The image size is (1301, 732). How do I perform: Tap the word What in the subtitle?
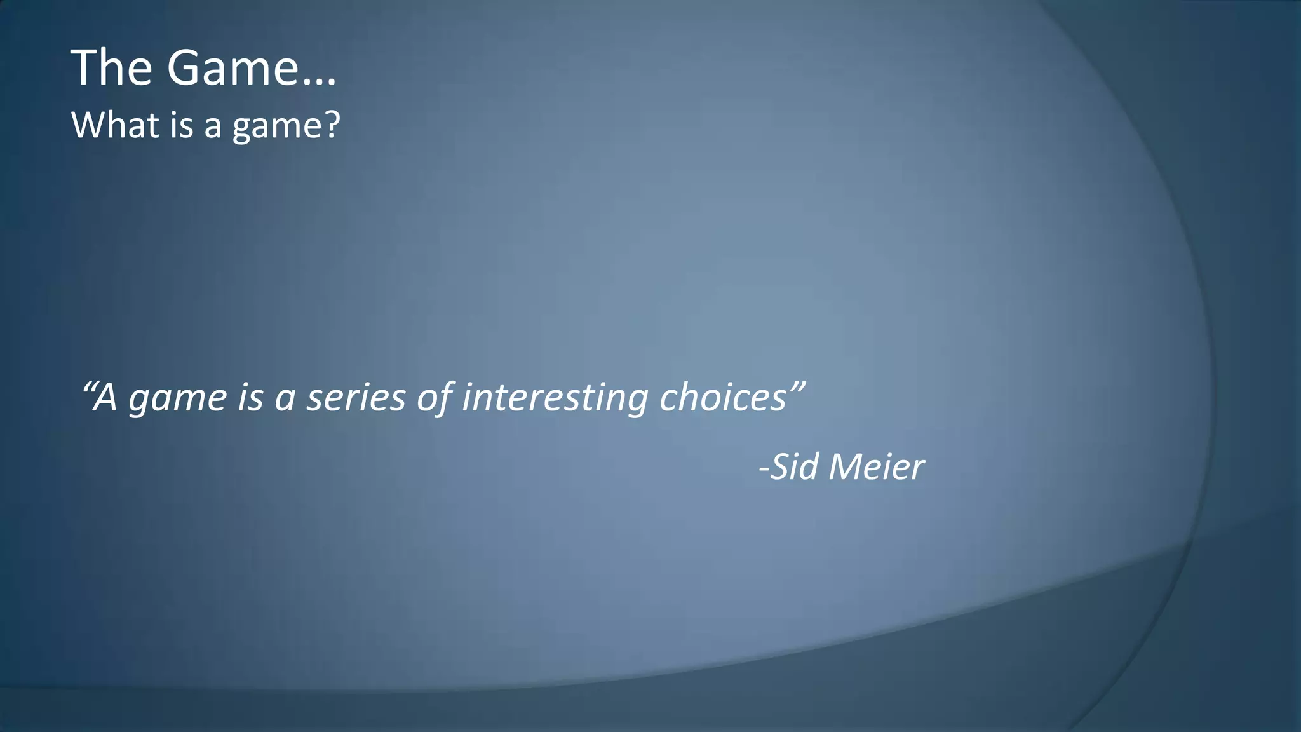pyautogui.click(x=115, y=125)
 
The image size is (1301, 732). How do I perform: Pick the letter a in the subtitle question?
pyautogui.click(x=213, y=127)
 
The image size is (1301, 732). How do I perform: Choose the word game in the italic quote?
pyautogui.click(x=178, y=400)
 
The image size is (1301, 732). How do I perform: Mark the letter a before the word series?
pyautogui.click(x=285, y=400)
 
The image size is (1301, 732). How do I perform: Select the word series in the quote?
pyautogui.click(x=356, y=399)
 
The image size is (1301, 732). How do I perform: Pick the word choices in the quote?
pyautogui.click(x=723, y=398)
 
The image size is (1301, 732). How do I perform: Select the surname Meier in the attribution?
pyautogui.click(x=877, y=467)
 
